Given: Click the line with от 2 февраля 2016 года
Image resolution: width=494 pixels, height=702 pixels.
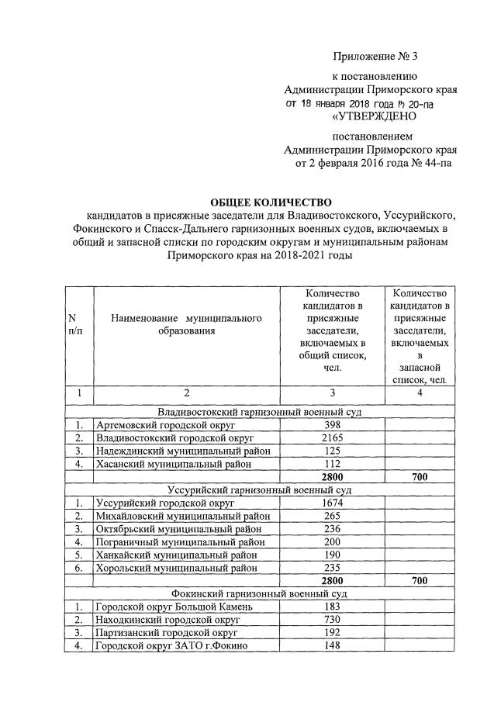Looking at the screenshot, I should tap(371, 164).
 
